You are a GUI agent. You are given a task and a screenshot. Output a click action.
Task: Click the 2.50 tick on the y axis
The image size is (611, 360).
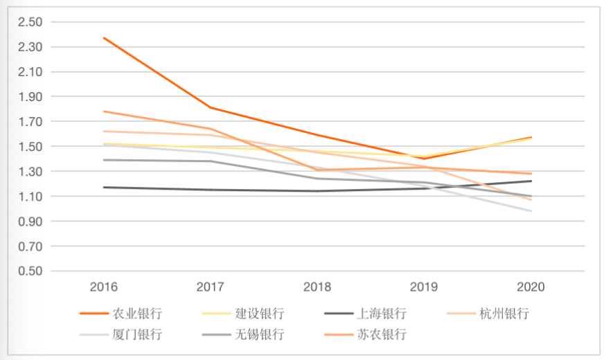coord(32,22)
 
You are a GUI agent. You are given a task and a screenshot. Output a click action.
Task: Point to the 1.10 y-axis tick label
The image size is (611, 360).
coord(32,197)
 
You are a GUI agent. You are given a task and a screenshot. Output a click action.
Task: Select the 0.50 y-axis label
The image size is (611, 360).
coord(32,271)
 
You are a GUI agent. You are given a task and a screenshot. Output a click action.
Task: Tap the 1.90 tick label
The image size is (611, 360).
coord(32,97)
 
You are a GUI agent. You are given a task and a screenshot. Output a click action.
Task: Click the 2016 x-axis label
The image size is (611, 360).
coord(104,287)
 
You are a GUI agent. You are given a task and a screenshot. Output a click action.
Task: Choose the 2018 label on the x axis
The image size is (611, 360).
coord(318,287)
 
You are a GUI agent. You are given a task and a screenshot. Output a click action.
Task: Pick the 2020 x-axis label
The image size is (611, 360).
coord(531,287)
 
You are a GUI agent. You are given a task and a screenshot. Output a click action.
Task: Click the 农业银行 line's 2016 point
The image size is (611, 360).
coord(104,37)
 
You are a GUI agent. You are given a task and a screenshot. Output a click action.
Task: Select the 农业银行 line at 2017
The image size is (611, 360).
coord(211,107)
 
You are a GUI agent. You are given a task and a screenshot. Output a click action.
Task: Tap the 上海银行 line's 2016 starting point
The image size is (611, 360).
coord(104,187)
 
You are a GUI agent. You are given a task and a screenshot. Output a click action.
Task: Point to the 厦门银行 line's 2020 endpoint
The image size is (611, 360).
coord(531,211)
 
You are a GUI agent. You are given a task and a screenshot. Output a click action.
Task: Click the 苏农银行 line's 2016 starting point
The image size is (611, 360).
coord(104,111)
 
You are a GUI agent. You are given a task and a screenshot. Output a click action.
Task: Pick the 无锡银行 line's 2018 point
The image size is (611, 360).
coord(318,179)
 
